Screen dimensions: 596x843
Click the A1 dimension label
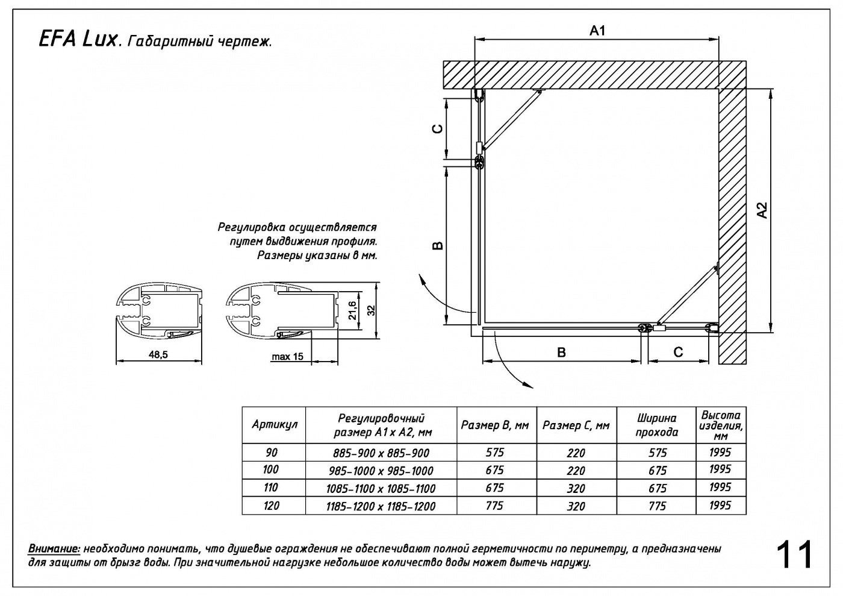(x=596, y=31)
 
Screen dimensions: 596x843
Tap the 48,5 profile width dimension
(x=158, y=356)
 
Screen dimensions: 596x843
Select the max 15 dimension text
(x=287, y=357)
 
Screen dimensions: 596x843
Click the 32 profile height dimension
(x=371, y=310)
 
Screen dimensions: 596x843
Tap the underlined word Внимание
(x=54, y=549)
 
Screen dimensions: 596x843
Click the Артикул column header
(x=275, y=424)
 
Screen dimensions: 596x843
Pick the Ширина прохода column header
(x=656, y=425)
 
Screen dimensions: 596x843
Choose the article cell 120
(x=272, y=506)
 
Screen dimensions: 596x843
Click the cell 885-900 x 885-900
(x=381, y=453)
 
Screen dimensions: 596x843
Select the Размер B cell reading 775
(x=494, y=506)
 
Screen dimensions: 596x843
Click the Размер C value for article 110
(x=576, y=488)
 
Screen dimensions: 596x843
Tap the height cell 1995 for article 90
(x=720, y=452)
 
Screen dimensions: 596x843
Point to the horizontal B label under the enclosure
(x=561, y=353)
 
